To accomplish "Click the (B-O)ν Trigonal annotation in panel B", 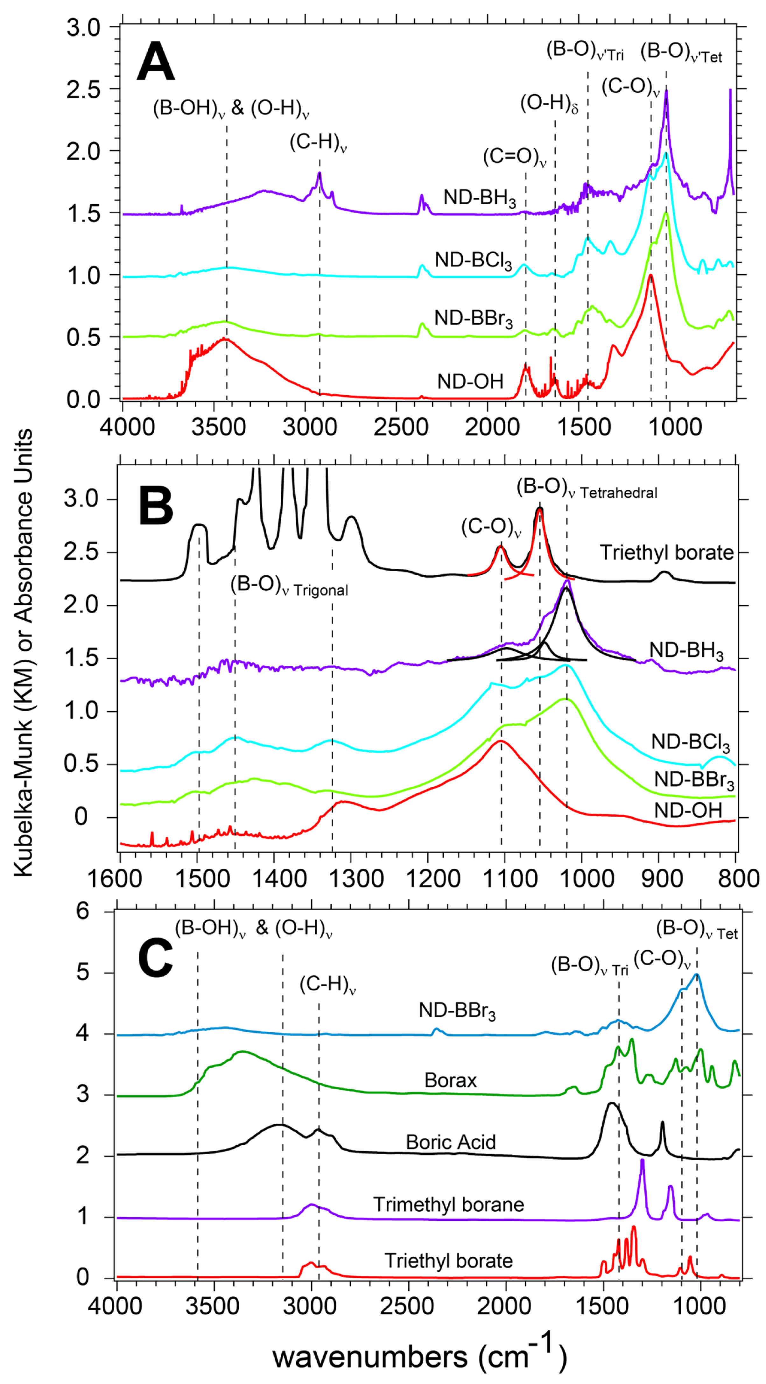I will pyautogui.click(x=289, y=585).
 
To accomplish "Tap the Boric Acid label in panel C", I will pyautogui.click(x=450, y=1142).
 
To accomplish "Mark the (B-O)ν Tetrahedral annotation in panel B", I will pyautogui.click(x=587, y=489).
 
